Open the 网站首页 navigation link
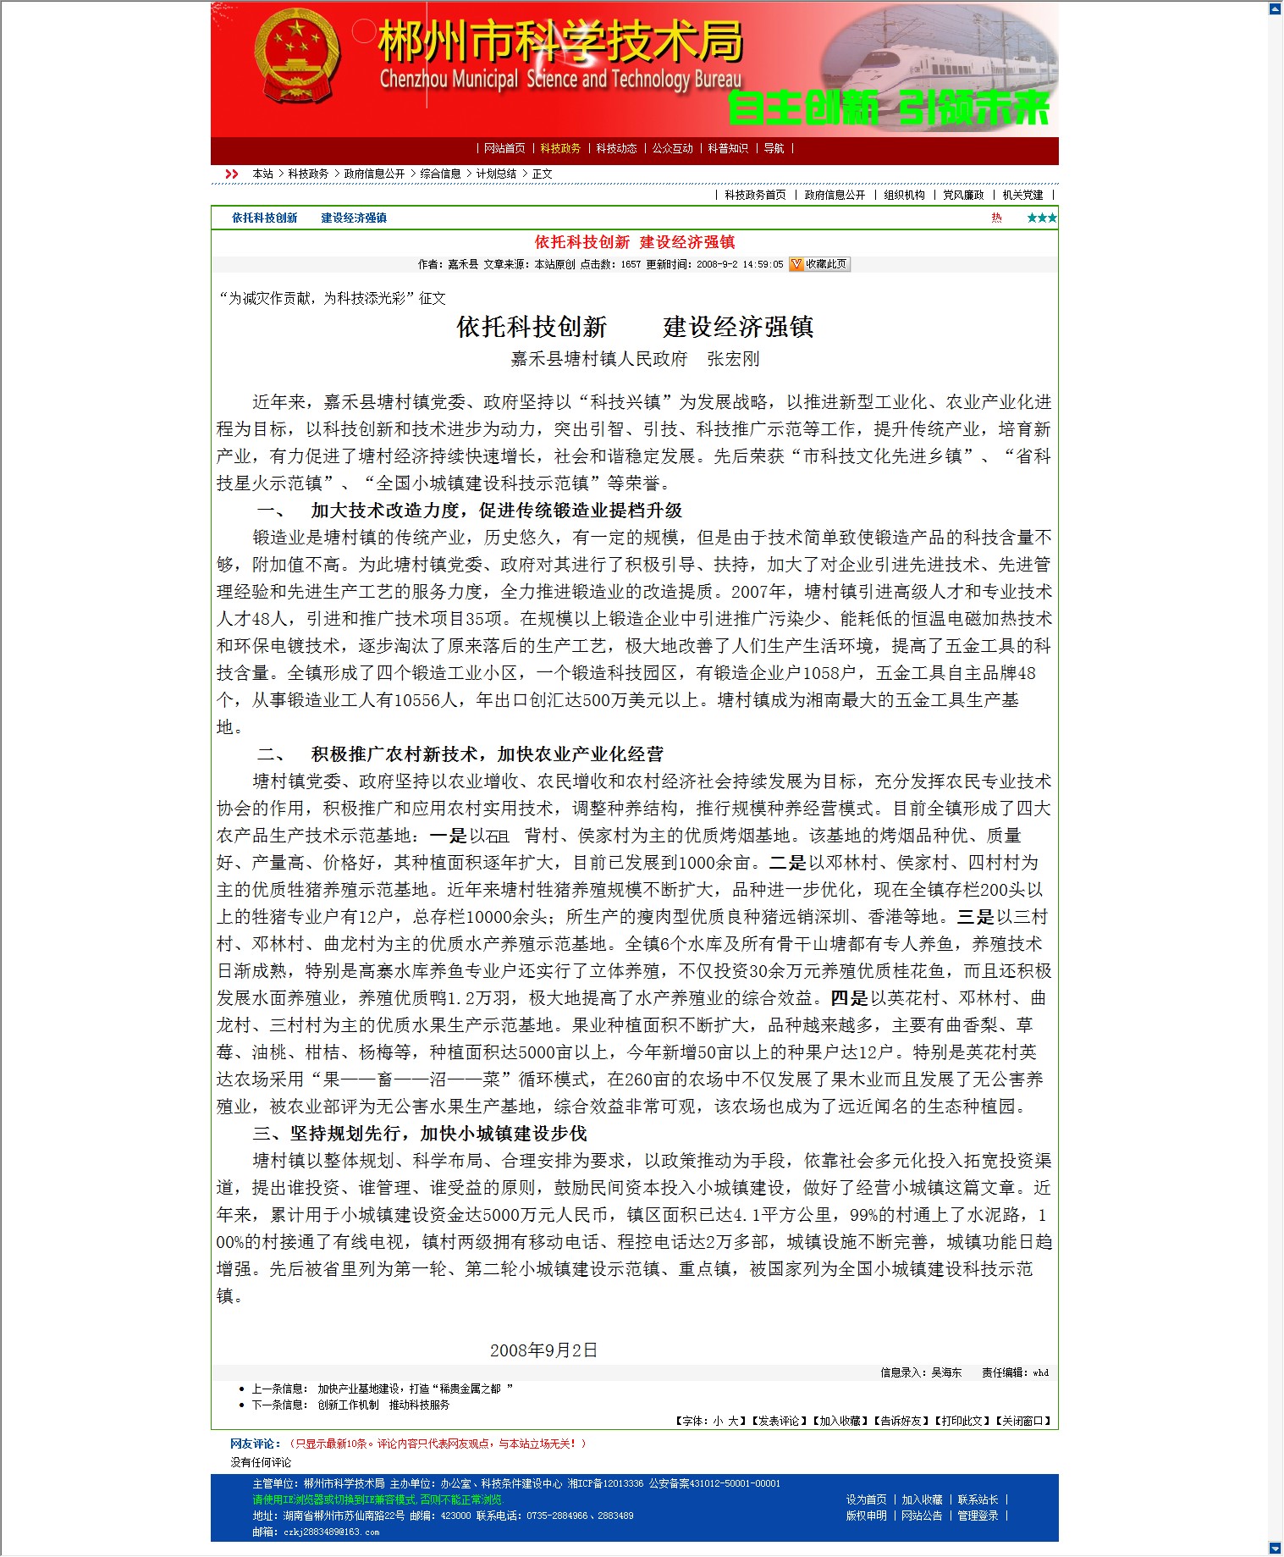pyautogui.click(x=504, y=148)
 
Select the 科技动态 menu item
pyautogui.click(x=616, y=148)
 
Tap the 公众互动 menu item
pyautogui.click(x=672, y=148)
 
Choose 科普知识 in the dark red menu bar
pyautogui.click(x=728, y=148)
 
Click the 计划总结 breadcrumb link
pyautogui.click(x=496, y=174)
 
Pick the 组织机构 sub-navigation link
pyautogui.click(x=904, y=195)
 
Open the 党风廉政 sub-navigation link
pyautogui.click(x=963, y=195)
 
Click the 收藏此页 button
pyautogui.click(x=819, y=264)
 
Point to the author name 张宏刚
pyautogui.click(x=733, y=359)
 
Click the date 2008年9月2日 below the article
pyautogui.click(x=543, y=1350)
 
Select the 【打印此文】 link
pyautogui.click(x=963, y=1421)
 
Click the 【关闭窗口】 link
pyautogui.click(x=1024, y=1421)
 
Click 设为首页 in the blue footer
pyautogui.click(x=866, y=1499)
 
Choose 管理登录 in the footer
pyautogui.click(x=978, y=1516)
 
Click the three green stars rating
pyautogui.click(x=1041, y=218)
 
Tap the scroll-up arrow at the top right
pyautogui.click(x=1276, y=8)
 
